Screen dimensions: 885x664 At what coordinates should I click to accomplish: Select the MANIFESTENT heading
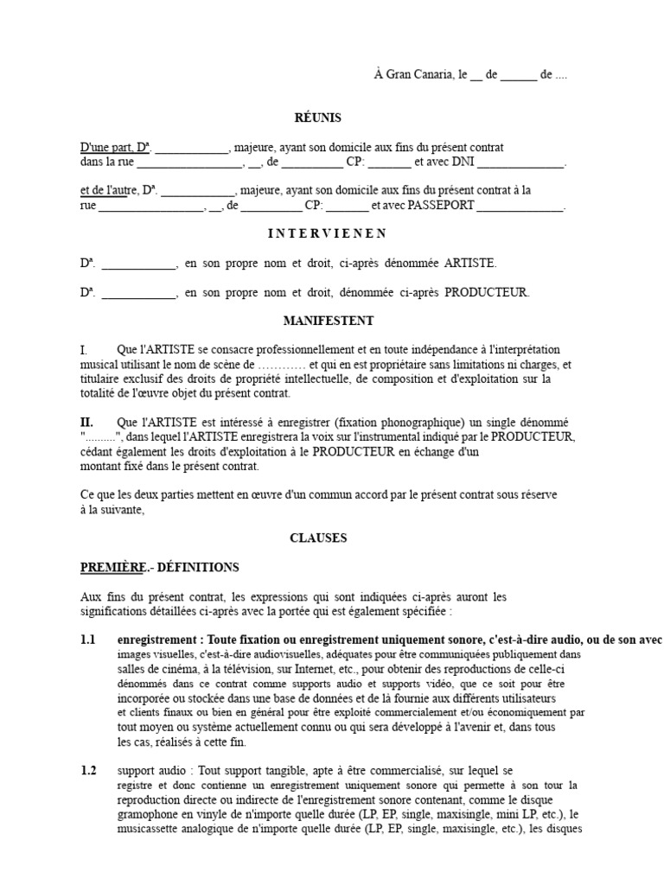329,321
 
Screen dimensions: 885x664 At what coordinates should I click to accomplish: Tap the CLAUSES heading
318,538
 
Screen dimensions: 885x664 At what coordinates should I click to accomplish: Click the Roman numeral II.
86,422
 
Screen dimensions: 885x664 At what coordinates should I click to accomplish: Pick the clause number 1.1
88,640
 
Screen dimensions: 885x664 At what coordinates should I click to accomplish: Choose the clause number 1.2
88,770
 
